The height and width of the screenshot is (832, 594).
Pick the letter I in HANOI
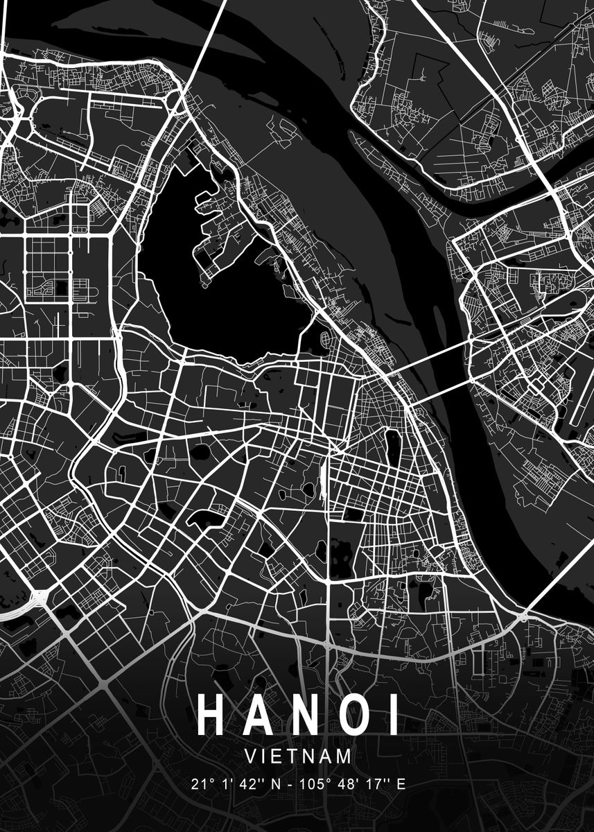[394, 715]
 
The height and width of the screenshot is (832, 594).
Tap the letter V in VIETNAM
[251, 756]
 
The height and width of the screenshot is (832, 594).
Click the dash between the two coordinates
[290, 785]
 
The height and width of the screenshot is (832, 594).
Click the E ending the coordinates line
[400, 785]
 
